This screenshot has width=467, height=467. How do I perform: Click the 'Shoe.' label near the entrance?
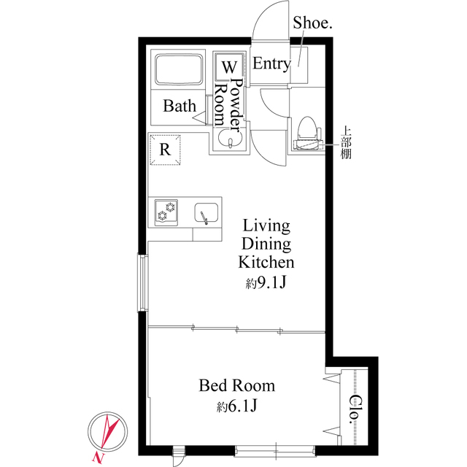tap(312, 23)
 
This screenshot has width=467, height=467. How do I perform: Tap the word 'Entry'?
tap(271, 64)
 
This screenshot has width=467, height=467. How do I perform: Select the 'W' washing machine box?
tap(226, 67)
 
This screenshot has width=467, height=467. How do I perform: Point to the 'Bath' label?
tap(179, 107)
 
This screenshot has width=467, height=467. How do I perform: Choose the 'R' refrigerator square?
tap(166, 151)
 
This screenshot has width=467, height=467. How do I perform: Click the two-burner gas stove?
tap(169, 212)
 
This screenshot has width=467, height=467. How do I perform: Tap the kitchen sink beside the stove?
tap(206, 213)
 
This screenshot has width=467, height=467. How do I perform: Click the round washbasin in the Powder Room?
tap(230, 138)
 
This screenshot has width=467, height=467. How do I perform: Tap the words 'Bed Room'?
tap(236, 385)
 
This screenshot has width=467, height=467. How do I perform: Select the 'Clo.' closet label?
tap(355, 410)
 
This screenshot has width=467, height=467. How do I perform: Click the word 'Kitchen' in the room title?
tap(266, 262)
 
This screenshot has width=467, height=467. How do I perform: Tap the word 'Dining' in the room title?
tap(266, 244)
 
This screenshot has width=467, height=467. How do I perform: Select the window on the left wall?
tap(143, 282)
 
